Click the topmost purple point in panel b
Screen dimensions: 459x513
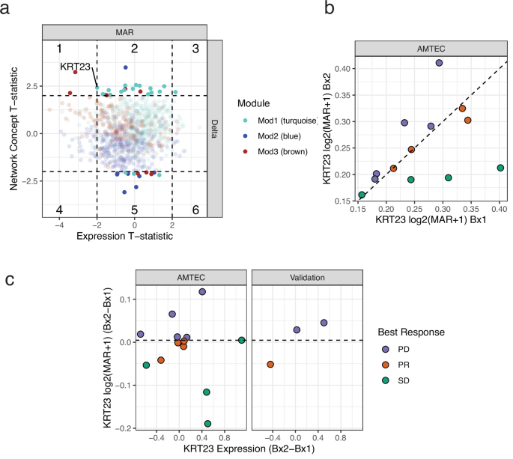(x=439, y=63)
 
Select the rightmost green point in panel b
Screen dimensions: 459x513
(x=500, y=168)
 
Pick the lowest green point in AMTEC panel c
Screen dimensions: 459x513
(x=207, y=424)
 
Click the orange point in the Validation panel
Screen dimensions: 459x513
(x=270, y=365)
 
